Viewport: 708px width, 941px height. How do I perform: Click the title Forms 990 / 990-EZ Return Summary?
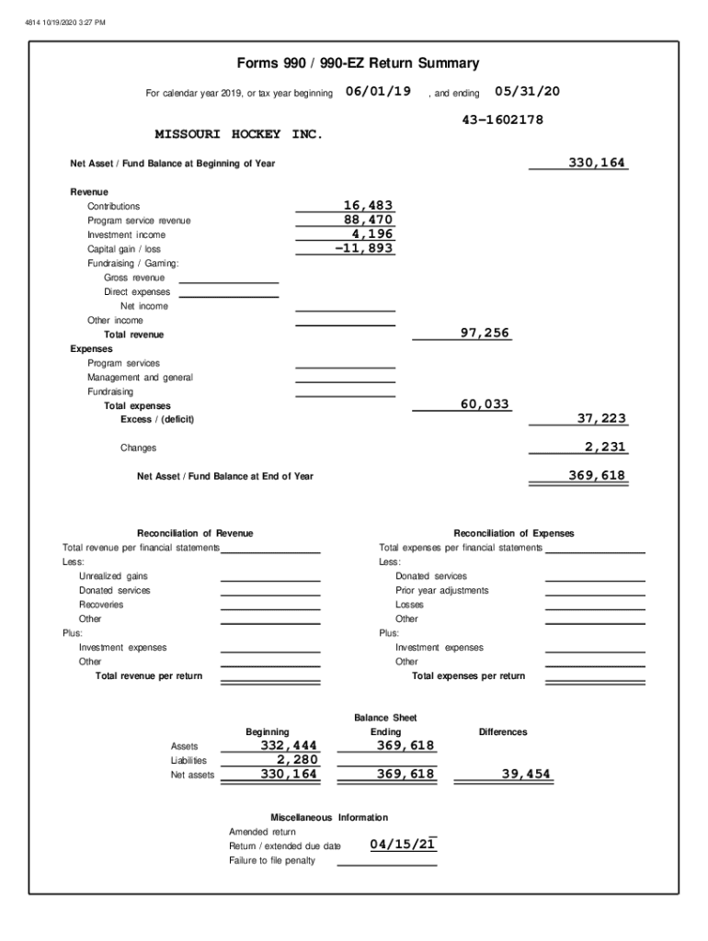pos(358,63)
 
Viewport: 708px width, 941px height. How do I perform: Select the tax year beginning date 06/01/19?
pos(378,92)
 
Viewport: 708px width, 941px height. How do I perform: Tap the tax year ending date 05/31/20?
pos(527,92)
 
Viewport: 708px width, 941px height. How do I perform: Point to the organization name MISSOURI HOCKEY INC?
pos(238,134)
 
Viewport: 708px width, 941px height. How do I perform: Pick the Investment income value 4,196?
pos(372,234)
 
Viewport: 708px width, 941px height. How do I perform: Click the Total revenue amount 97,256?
pos(485,333)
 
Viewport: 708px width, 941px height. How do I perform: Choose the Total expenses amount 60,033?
pos(485,404)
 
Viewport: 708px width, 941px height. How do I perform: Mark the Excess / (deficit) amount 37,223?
pos(601,418)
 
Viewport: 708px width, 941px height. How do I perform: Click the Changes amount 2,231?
pos(605,447)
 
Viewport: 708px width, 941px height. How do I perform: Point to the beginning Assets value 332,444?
pos(289,745)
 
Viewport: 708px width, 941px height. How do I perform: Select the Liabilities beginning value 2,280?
pos(297,760)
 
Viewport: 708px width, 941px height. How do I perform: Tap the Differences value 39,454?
pos(526,774)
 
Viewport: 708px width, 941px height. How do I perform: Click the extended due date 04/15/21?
pos(403,844)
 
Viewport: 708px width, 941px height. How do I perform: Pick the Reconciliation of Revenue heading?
pos(195,533)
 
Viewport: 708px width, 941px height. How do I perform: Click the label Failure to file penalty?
pos(272,860)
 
